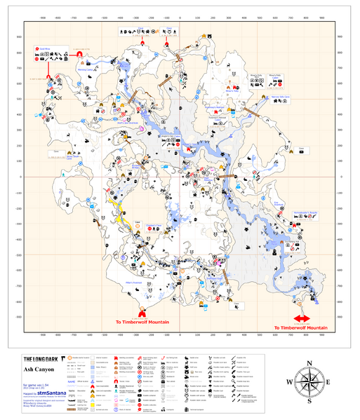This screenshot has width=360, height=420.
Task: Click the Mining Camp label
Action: click(x=84, y=70)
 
